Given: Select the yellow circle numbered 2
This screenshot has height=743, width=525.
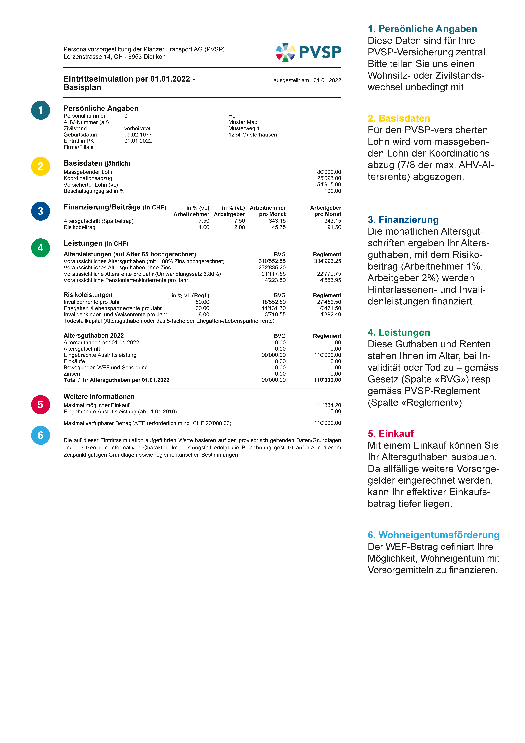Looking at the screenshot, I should click(40, 166).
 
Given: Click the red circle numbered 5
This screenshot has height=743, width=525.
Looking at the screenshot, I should click(40, 405).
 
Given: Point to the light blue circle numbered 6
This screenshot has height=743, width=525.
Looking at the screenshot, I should click(40, 435).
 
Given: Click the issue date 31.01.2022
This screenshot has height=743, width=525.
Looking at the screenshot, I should click(327, 80).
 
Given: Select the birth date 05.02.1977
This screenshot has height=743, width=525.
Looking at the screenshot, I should click(138, 135).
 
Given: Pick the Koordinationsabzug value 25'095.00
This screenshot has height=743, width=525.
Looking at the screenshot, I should click(329, 178).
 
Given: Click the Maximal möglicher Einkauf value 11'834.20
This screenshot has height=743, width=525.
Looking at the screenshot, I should click(329, 405).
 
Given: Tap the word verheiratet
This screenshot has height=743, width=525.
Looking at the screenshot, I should click(137, 128).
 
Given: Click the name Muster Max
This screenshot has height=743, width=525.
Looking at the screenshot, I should click(243, 122).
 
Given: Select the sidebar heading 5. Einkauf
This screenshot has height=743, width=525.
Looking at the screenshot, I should click(390, 434).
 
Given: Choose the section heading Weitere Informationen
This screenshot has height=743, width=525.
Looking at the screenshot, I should click(99, 397).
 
